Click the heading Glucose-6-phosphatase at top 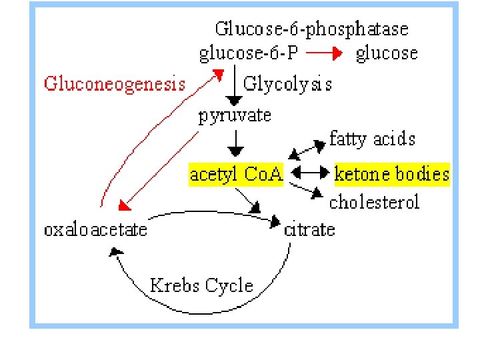point(311,29)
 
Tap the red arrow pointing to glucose point(325,53)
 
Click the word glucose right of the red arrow point(387,53)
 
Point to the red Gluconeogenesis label point(114,83)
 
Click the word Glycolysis point(287,84)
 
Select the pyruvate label point(235,115)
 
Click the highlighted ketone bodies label point(391,175)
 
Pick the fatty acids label point(372,139)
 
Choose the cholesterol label point(375,201)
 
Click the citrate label point(309,230)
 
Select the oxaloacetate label point(95,230)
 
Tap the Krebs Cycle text point(201,286)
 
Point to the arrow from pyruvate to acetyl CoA point(235,141)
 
